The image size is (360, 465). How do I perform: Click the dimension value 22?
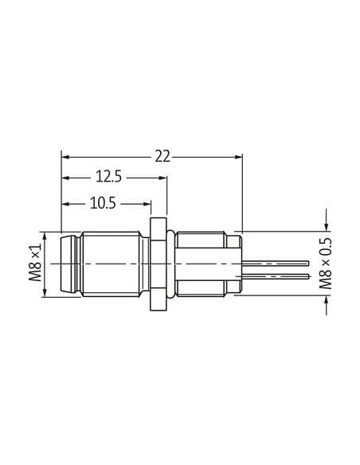click(162, 156)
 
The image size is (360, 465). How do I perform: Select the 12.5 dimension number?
click(108, 177)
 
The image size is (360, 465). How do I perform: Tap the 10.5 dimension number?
click(103, 204)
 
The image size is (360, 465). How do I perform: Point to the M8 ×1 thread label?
click(35, 264)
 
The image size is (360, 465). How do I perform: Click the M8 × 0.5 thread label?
click(325, 264)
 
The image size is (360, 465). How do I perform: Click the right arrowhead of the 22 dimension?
click(239, 157)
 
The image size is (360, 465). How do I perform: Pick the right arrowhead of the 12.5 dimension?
click(163, 178)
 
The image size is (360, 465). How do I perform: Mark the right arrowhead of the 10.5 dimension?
click(147, 204)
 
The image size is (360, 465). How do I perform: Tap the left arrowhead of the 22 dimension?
click(65, 157)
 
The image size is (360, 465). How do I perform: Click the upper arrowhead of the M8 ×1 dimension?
click(45, 236)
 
